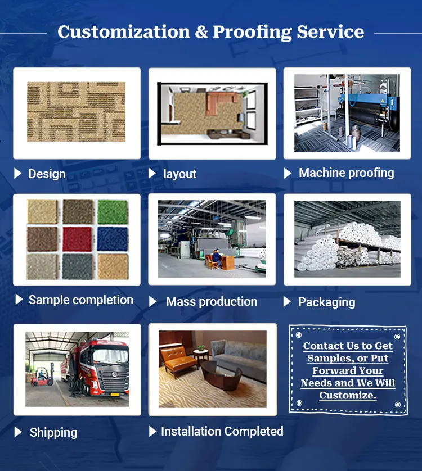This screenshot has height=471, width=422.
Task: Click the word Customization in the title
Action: pos(124,31)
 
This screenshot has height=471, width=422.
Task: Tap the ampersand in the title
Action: pos(201,31)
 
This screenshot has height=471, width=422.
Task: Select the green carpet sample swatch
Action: pos(113,211)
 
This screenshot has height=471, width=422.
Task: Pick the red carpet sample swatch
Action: pos(77,239)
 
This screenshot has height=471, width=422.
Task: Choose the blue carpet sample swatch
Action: pos(113,239)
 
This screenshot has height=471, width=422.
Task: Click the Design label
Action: pos(47,174)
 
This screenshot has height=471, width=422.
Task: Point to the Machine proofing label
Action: pos(346,173)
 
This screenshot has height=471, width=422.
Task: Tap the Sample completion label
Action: pos(80,300)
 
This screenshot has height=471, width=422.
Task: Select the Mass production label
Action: pos(212,302)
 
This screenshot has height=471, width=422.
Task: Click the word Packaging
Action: pos(327,302)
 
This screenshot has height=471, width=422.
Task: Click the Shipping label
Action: pos(53,433)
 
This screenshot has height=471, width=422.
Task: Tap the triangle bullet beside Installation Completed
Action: pos(152,431)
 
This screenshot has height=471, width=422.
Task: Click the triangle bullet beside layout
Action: pos(152,173)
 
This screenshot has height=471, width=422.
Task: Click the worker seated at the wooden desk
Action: pos(217,258)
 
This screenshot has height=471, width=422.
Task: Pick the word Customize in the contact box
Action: pos(347,395)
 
